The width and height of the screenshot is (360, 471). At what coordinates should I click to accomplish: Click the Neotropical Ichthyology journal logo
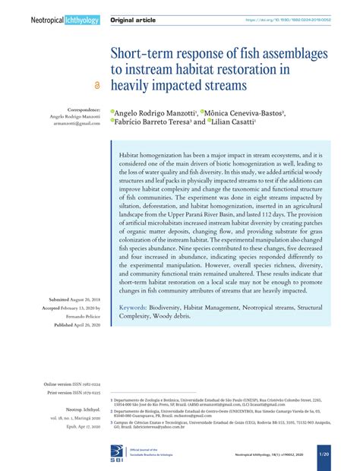(x=65, y=20)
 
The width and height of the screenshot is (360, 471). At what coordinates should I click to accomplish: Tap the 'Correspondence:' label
(x=80, y=109)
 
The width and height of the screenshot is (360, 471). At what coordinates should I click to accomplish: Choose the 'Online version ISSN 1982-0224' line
(x=72, y=386)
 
